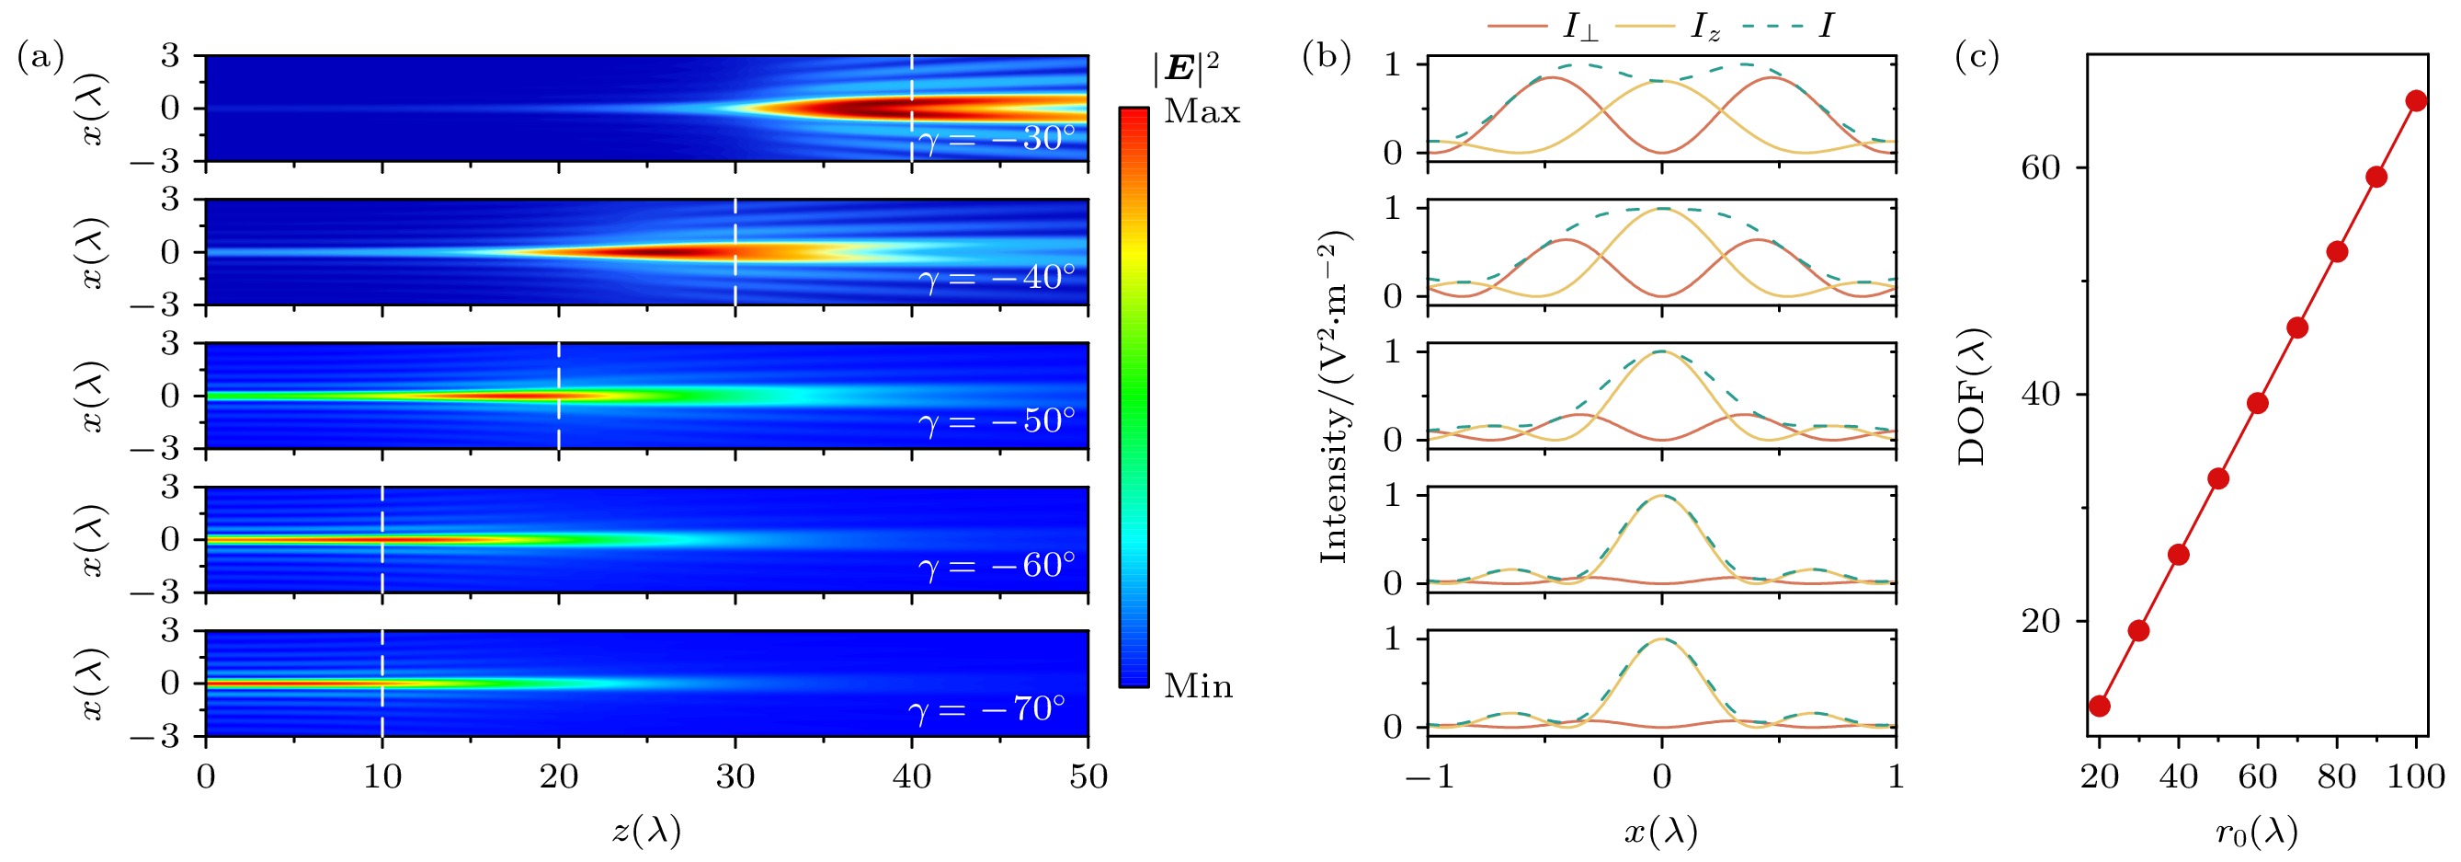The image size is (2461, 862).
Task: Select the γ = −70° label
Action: click(x=986, y=709)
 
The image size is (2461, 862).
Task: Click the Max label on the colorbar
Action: click(x=1202, y=113)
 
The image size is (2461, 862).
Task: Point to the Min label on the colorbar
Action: click(x=1198, y=686)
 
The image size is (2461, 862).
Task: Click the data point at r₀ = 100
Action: click(x=2416, y=101)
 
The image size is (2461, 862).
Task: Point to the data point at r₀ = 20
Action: click(x=2099, y=707)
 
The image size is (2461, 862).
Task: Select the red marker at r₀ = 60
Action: click(x=2258, y=403)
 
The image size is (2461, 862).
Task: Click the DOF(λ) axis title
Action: click(x=1971, y=396)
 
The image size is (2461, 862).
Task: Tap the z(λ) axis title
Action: click(x=647, y=832)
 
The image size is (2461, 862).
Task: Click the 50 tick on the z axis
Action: click(x=1088, y=776)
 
